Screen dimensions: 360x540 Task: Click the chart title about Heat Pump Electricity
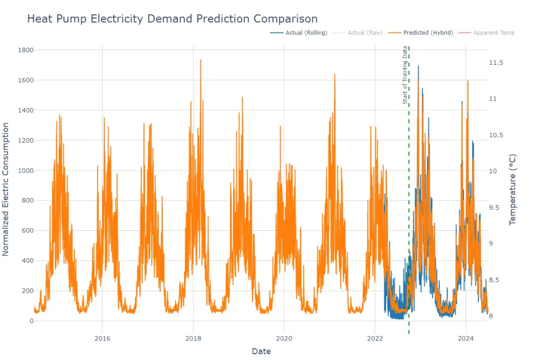(x=172, y=19)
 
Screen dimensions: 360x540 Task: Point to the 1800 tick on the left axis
(x=26, y=50)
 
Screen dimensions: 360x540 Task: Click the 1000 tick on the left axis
(x=26, y=170)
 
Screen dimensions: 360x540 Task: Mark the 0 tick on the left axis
(x=31, y=321)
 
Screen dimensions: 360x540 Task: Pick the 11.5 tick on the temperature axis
(x=496, y=63)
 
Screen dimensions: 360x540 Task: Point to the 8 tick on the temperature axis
(x=491, y=316)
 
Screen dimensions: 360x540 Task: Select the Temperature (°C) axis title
(x=513, y=190)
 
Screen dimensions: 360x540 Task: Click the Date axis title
(x=261, y=351)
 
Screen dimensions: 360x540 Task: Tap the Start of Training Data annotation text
(x=405, y=75)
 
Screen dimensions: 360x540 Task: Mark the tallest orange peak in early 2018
(x=200, y=60)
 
